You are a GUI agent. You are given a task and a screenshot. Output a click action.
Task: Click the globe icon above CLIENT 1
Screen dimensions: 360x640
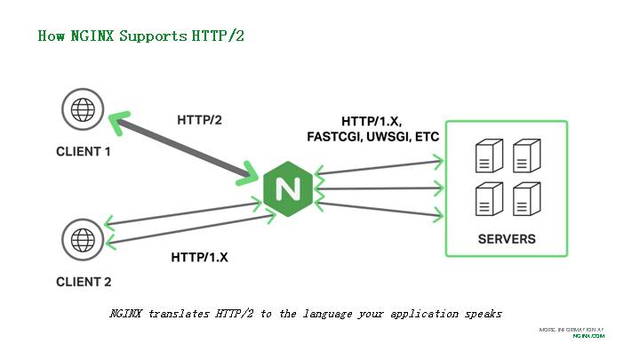tap(83, 110)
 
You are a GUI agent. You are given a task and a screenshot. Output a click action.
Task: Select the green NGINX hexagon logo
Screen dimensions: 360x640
tap(287, 188)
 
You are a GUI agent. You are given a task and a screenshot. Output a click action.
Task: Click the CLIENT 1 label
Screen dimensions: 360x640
tap(84, 152)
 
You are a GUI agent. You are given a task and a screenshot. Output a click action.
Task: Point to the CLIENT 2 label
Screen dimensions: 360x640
tap(84, 283)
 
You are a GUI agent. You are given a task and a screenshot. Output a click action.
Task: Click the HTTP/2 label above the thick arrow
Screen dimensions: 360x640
tap(199, 120)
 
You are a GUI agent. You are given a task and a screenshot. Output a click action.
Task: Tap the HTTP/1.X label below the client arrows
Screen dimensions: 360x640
tap(200, 258)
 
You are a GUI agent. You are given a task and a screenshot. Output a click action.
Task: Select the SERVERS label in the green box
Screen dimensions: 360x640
tap(506, 239)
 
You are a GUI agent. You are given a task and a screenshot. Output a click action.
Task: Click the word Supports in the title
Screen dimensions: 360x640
tap(156, 36)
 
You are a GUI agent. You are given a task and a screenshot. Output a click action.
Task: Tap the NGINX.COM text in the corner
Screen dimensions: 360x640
tap(588, 336)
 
